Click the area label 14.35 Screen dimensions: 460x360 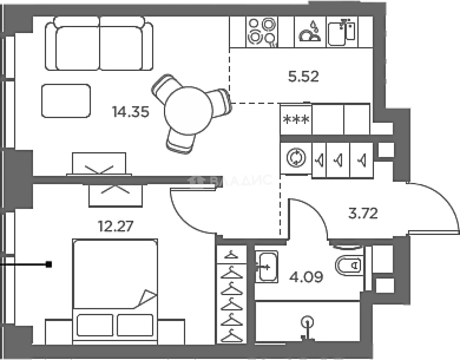[131, 112]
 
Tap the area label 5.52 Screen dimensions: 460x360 [303, 76]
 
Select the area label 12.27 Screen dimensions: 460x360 [116, 226]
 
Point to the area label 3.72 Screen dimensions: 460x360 [363, 213]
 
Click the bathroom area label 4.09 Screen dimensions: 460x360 [306, 277]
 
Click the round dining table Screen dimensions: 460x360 [188, 110]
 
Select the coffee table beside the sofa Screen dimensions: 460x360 [66, 101]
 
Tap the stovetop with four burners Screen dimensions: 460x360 [262, 32]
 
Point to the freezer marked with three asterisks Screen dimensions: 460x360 [296, 119]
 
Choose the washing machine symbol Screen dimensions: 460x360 [296, 158]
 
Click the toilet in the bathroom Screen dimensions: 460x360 [349, 266]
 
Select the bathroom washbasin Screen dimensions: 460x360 [267, 267]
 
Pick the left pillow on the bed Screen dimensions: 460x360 [95, 325]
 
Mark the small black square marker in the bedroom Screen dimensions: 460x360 [49, 264]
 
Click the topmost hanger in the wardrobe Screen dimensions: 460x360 [231, 255]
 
